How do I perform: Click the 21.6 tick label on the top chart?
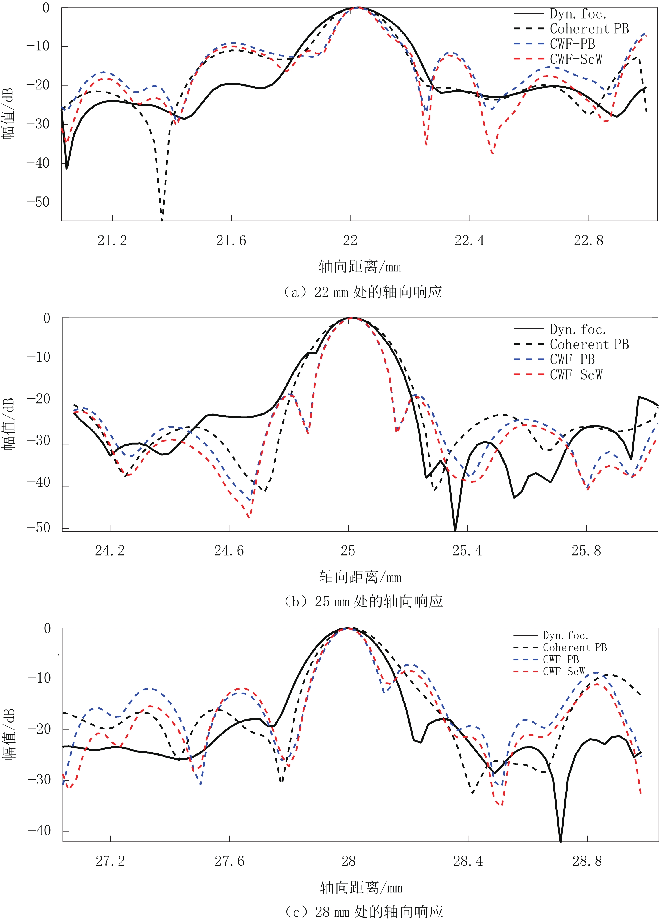(231, 241)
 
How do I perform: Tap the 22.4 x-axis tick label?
(469, 241)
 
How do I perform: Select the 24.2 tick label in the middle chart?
(110, 551)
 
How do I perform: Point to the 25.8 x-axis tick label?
(586, 551)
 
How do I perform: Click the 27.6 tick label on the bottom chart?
(229, 861)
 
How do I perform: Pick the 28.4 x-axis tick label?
(468, 861)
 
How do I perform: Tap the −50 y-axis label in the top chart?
(38, 202)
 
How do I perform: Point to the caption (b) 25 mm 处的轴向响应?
(363, 601)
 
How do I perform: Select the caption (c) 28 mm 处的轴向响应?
(363, 911)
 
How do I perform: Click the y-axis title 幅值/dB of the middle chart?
(9, 424)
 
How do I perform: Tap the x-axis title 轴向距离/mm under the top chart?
(359, 266)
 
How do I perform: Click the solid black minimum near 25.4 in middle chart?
(455, 530)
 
